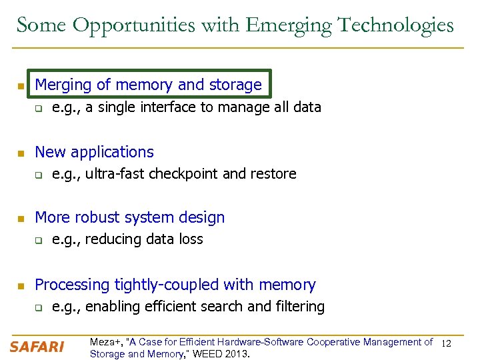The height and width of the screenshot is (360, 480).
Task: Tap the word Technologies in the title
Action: tap(395, 25)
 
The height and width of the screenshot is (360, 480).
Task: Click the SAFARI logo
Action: tap(37, 347)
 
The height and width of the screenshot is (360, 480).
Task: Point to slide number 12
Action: tap(447, 343)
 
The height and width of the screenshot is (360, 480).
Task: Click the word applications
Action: tap(114, 152)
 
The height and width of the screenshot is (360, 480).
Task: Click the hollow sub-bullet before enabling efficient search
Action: tap(39, 308)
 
